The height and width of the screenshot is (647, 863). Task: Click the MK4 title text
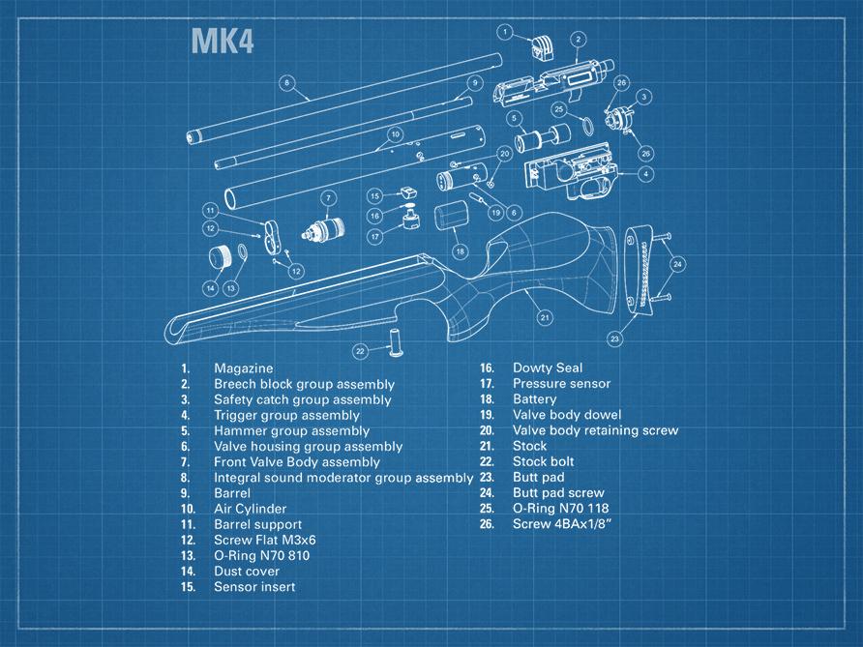(x=222, y=41)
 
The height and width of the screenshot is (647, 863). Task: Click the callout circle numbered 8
(x=287, y=82)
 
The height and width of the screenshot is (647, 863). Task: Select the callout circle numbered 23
(x=615, y=338)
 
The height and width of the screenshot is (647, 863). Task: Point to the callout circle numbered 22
(x=360, y=350)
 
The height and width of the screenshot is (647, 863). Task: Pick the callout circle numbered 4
(x=644, y=174)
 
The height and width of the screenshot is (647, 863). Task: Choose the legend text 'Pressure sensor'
(x=561, y=384)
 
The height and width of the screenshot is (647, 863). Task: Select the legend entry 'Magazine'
(x=244, y=368)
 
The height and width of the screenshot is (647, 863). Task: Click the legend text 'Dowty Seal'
(x=547, y=368)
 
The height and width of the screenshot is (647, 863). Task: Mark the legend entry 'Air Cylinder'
(x=250, y=509)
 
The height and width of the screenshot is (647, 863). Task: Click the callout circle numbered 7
(x=328, y=198)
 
